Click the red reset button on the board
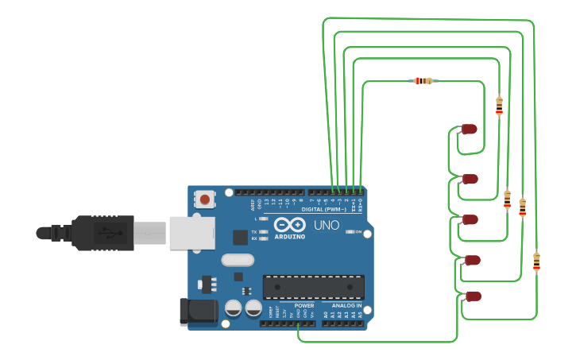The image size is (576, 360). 205,199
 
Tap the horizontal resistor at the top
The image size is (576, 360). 423,81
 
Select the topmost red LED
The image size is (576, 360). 469,129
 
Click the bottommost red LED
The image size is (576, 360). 473,296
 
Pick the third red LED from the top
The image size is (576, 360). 470,219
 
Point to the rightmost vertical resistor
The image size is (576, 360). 536,261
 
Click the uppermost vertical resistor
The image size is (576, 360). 499,106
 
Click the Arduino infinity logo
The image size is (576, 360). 290,225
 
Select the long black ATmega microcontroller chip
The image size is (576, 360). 313,287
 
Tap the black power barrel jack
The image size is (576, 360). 198,312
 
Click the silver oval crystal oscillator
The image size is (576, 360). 238,260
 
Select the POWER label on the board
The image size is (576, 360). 304,305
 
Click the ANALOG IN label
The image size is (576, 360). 346,305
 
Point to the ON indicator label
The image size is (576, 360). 358,232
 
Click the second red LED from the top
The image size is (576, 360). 470,179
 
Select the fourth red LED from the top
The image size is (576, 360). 472,260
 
